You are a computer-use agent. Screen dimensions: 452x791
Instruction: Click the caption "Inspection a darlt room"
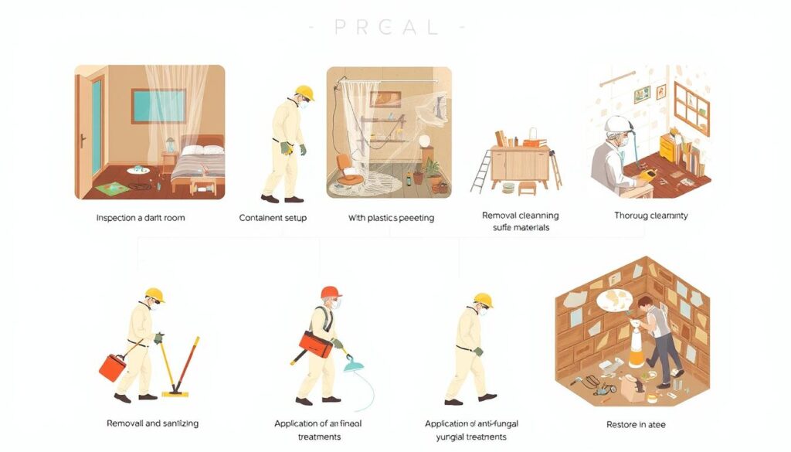[141, 218]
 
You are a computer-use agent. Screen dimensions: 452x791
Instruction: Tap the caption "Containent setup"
[273, 218]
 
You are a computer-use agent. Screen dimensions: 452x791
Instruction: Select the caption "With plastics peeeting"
[392, 218]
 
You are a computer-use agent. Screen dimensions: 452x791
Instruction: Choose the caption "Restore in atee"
[636, 424]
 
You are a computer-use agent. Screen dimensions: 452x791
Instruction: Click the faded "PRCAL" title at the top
[386, 27]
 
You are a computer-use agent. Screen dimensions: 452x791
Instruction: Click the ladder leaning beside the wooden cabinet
[483, 169]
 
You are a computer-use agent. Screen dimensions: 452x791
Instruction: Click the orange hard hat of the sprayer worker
[331, 293]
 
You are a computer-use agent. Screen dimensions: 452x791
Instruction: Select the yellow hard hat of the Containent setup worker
[304, 92]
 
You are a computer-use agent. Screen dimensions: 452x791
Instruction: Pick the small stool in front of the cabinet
[528, 188]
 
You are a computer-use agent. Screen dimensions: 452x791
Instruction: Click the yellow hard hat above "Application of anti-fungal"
[484, 299]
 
